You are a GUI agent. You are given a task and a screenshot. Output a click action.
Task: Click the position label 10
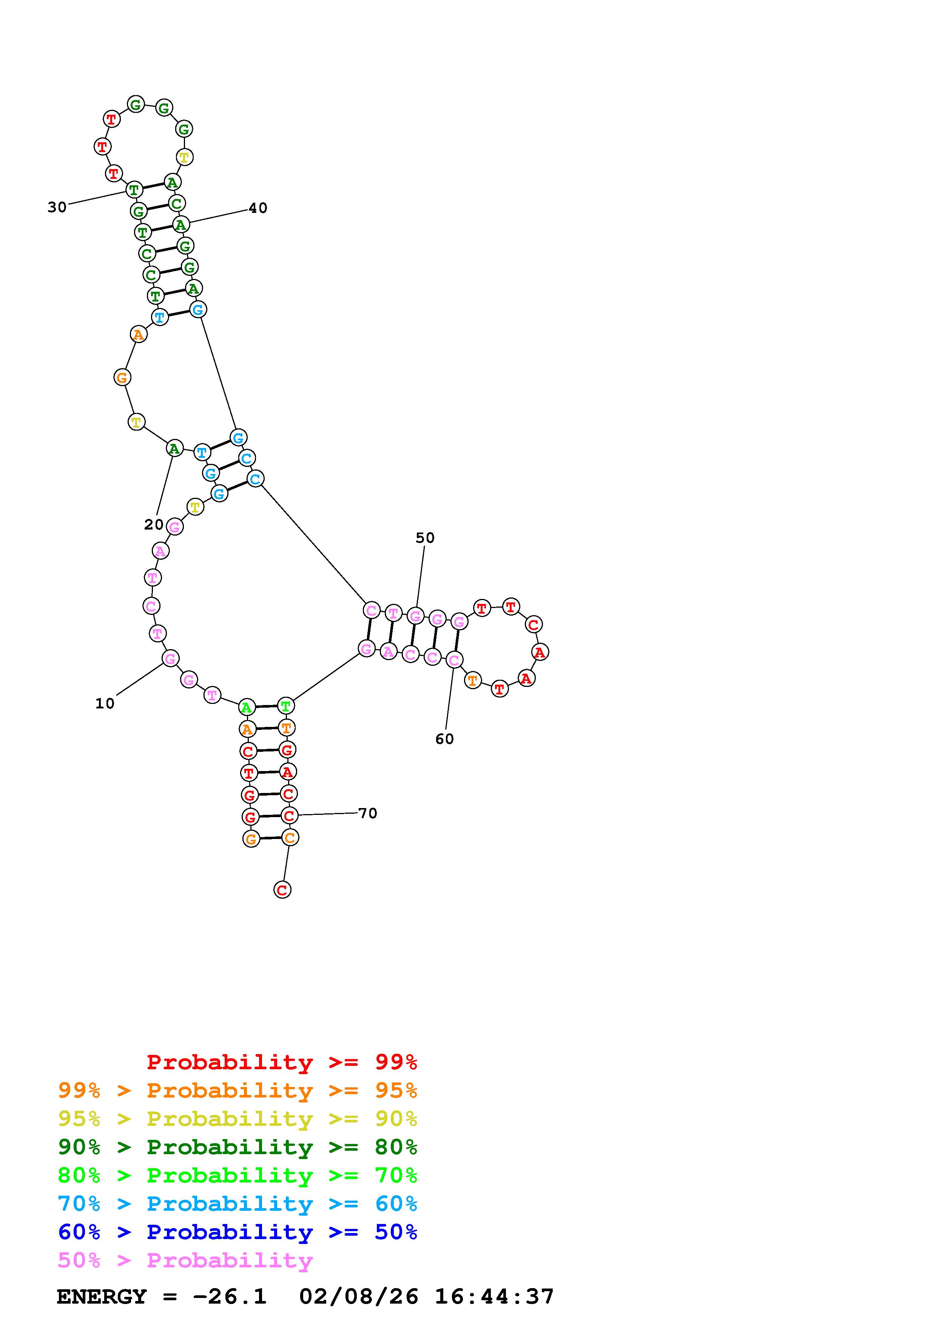105,704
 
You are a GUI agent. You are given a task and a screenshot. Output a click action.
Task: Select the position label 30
57,207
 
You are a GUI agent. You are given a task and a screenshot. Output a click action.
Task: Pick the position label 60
445,739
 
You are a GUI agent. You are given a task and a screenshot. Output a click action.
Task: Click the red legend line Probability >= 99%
282,1062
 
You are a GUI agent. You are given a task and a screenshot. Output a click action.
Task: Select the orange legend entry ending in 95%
237,1090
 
